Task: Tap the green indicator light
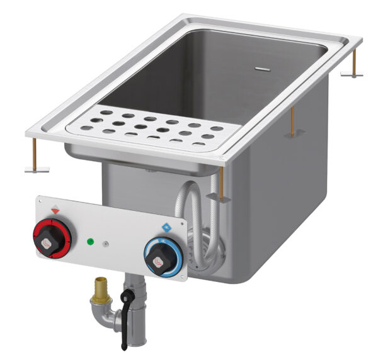(90, 241)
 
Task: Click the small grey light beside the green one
(106, 244)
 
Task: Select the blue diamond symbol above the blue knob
(167, 227)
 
